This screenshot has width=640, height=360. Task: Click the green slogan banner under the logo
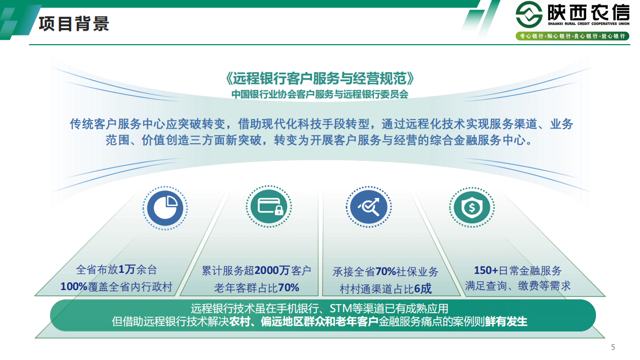[x=572, y=36]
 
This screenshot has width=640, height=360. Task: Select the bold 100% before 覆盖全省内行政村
[x=74, y=287]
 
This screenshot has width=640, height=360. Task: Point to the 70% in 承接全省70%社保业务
[x=385, y=271]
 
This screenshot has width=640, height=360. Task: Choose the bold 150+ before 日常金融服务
[x=486, y=270]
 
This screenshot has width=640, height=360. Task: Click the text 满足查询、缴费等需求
[x=517, y=286]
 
